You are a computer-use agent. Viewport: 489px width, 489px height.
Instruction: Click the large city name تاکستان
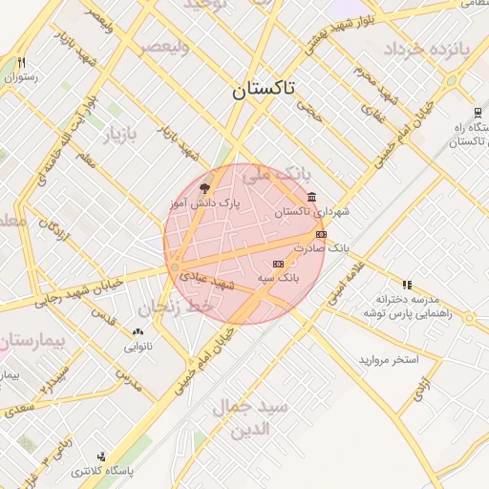(264, 90)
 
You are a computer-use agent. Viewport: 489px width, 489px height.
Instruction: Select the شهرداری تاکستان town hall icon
(312, 198)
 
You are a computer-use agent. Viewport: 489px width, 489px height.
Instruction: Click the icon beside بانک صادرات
(321, 233)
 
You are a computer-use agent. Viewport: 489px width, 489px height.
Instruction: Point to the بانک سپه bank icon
(278, 264)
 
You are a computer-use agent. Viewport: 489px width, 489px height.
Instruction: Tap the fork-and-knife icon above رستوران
(21, 62)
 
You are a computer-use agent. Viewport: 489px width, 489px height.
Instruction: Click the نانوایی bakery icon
(138, 332)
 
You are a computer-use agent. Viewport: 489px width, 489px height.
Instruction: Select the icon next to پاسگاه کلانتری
(101, 457)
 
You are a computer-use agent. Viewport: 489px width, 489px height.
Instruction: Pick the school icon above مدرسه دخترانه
(407, 284)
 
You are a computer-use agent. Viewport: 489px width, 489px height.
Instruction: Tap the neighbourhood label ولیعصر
(163, 47)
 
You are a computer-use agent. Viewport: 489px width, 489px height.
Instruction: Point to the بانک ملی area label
(278, 174)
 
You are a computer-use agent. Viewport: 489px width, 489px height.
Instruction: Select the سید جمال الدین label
(250, 415)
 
